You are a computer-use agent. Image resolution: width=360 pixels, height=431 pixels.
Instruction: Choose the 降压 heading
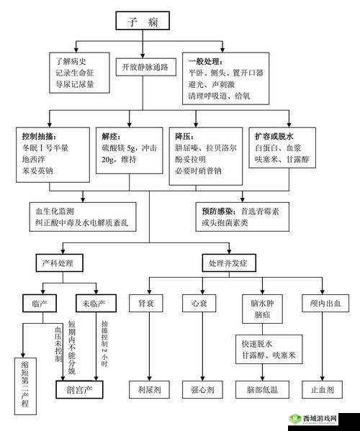(183, 137)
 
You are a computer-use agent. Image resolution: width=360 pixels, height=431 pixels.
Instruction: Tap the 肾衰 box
(147, 304)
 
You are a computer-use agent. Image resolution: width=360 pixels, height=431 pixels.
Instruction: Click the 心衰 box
(199, 304)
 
